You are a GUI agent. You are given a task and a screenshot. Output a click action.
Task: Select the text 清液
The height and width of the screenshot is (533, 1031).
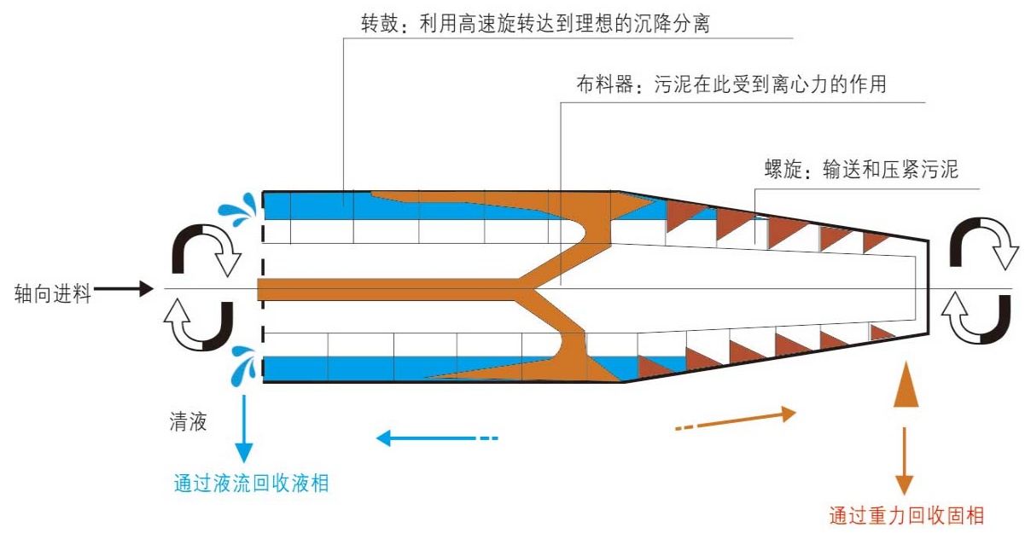188,421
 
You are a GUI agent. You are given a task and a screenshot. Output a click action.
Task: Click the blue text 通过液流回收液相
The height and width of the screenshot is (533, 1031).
251,484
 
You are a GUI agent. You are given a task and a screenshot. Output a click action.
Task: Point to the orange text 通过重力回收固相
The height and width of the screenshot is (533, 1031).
906,515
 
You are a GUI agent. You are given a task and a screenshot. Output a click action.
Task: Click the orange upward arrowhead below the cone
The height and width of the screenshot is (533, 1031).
905,389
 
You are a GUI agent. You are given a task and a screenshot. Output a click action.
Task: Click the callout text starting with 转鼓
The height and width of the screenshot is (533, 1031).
536,25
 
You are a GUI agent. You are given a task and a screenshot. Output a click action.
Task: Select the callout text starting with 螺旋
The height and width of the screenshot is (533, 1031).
862,169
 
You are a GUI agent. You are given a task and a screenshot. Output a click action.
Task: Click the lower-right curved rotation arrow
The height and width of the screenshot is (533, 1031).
981,319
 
